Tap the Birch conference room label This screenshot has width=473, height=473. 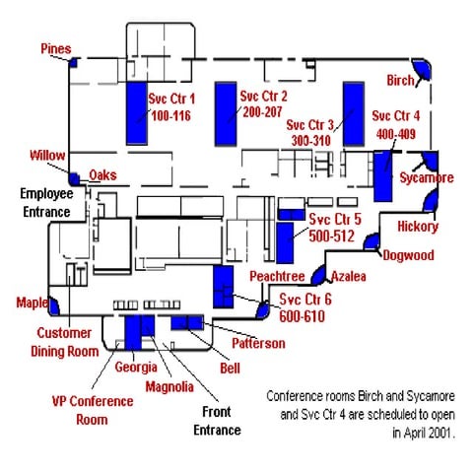coord(400,81)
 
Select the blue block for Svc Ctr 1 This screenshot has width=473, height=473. coord(135,112)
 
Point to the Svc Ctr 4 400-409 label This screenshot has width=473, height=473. coord(396,123)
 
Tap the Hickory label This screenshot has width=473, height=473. coord(417,227)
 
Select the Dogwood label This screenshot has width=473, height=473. coord(408,255)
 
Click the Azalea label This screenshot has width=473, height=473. coord(348,277)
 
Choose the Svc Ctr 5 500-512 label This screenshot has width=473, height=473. coord(334,227)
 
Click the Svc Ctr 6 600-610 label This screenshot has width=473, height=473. coord(305,306)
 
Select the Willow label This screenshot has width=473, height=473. coord(47,156)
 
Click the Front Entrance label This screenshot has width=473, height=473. coord(218,422)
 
